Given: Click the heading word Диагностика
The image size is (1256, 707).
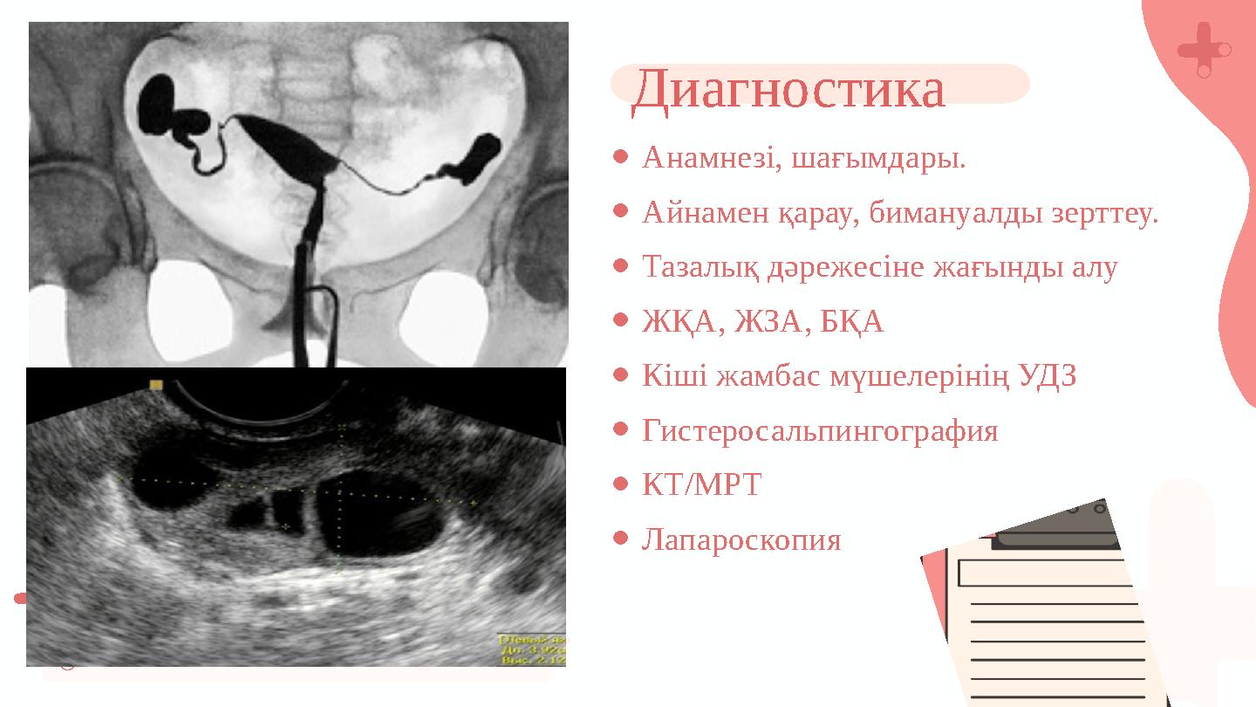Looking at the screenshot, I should pos(788,88).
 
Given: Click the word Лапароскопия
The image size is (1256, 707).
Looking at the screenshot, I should pos(741,539).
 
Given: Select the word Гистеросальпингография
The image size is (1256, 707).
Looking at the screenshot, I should pos(820,430).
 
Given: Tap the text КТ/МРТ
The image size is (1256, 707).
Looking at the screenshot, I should pos(701,484).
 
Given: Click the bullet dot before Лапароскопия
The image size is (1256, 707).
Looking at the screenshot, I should pos(621,539).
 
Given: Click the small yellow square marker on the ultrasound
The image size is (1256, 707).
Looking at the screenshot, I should pos(156,385).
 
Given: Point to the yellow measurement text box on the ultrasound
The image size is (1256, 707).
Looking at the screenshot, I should pos(531,649).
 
